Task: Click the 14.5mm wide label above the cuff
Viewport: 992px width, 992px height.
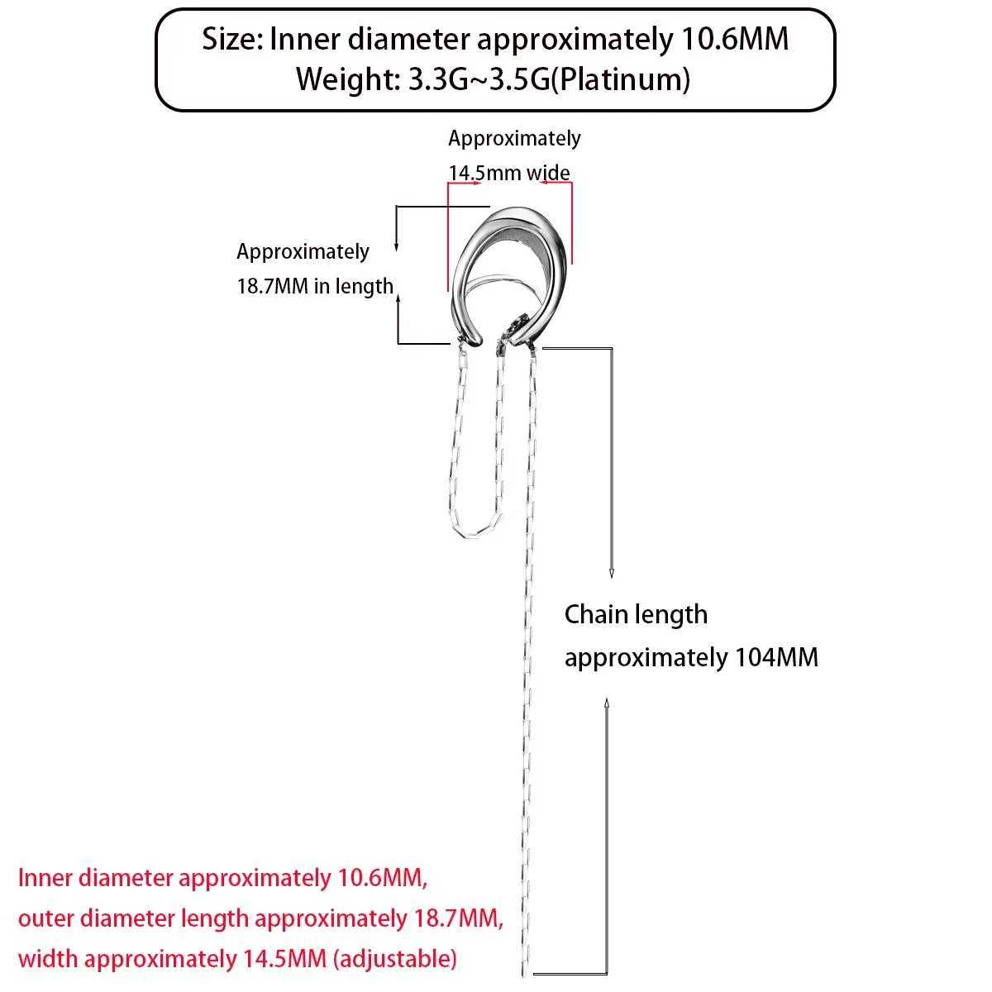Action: coord(509,173)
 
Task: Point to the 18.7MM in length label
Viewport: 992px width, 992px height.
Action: coord(315,286)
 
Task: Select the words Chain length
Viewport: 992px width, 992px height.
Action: coord(636,614)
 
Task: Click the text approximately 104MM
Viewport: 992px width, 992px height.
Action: coord(691,657)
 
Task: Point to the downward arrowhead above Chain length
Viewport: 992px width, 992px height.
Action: coord(612,572)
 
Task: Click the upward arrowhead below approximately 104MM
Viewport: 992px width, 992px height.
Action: coord(608,703)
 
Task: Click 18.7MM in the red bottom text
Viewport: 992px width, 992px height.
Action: coord(453,918)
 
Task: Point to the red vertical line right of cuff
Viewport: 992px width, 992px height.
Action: coord(571,223)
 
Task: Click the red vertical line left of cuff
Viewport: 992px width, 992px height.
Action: coord(447,240)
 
